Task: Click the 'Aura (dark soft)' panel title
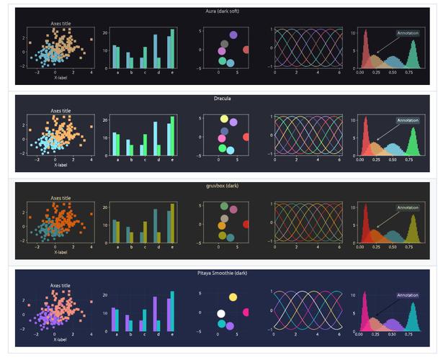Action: click(x=221, y=12)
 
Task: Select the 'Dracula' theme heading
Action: click(x=222, y=98)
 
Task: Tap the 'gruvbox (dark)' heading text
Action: click(x=222, y=186)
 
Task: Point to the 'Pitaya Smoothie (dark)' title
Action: click(x=222, y=274)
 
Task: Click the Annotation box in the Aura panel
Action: click(x=407, y=33)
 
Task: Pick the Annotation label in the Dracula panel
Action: click(x=407, y=120)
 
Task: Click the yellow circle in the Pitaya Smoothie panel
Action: click(x=233, y=297)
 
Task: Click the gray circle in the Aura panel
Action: click(x=224, y=45)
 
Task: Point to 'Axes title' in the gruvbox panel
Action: click(x=61, y=198)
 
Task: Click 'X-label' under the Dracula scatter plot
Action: click(x=61, y=165)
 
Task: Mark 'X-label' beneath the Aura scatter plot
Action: click(x=61, y=77)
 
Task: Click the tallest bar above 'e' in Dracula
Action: click(x=173, y=135)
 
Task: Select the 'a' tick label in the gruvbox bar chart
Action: click(x=117, y=248)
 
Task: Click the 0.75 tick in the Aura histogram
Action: click(x=408, y=73)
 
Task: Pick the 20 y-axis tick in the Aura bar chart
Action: click(x=106, y=32)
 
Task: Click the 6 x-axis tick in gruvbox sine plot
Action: click(x=339, y=248)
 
